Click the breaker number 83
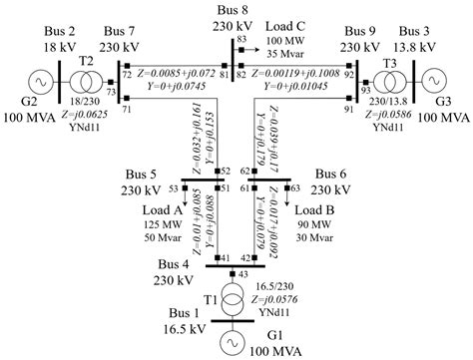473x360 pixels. [x=241, y=38]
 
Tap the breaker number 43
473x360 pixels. [x=244, y=272]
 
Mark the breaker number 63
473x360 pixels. [x=295, y=187]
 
